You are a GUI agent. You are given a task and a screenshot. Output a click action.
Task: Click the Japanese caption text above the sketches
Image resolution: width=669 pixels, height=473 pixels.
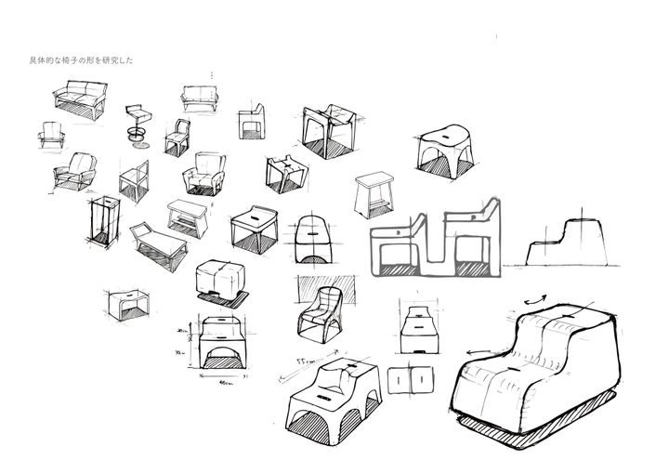click(x=82, y=60)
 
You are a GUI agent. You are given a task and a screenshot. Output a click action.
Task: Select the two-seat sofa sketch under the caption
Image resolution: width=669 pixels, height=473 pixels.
click(x=80, y=99)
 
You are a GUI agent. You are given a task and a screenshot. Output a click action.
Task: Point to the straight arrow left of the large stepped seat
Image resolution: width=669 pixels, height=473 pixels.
click(x=476, y=350)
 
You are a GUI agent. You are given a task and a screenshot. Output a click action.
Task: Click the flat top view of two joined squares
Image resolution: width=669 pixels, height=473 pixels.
click(x=411, y=379)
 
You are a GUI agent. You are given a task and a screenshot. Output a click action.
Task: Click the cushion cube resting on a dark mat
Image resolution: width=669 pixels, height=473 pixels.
click(x=223, y=281)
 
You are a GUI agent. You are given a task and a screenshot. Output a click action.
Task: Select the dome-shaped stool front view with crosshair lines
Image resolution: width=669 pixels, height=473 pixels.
click(x=313, y=240)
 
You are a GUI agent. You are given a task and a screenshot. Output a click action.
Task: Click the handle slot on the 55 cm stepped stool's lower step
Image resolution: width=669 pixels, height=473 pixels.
click(x=324, y=397)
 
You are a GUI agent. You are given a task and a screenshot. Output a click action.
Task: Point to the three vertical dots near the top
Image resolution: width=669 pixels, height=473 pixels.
click(x=212, y=74)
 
